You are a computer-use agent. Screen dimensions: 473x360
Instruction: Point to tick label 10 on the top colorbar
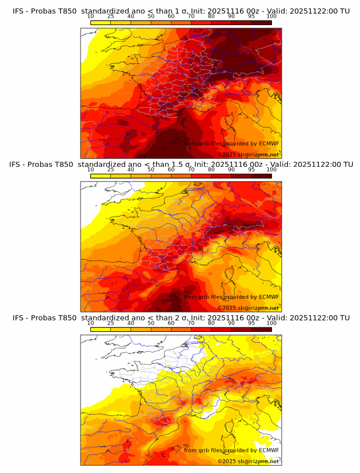pos(91,16)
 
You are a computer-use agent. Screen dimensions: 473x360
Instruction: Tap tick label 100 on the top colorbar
pos(271,16)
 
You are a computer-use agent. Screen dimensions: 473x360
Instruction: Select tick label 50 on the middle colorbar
pos(151,170)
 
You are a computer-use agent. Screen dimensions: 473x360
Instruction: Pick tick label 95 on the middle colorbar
pos(251,170)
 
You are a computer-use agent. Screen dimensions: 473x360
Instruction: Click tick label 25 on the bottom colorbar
pos(110,323)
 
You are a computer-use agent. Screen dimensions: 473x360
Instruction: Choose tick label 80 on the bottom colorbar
pos(211,323)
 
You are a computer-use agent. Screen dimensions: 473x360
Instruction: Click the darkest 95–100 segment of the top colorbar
pos(262,22)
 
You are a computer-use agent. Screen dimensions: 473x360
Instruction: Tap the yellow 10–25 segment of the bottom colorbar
pos(101,329)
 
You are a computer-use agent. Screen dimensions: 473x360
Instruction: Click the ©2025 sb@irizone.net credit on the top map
pos(248,154)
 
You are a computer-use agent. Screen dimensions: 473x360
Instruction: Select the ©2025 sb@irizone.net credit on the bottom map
pos(248,461)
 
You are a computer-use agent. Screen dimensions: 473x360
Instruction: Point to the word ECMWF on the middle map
pos(269,297)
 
